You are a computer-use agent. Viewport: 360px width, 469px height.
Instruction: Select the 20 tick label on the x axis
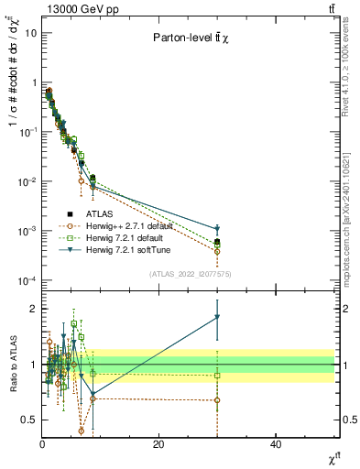(x=158, y=443)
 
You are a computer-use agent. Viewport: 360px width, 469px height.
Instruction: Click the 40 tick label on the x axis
(x=276, y=443)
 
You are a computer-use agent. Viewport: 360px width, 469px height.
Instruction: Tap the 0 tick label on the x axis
(x=42, y=443)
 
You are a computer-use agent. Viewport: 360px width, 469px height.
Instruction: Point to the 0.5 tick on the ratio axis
(x=29, y=420)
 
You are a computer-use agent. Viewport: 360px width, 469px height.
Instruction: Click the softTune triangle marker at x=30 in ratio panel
(x=217, y=317)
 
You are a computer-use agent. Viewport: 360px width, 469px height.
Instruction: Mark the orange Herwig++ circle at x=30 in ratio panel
(x=217, y=400)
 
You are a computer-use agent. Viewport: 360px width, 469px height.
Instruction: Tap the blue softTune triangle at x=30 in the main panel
(x=217, y=229)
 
